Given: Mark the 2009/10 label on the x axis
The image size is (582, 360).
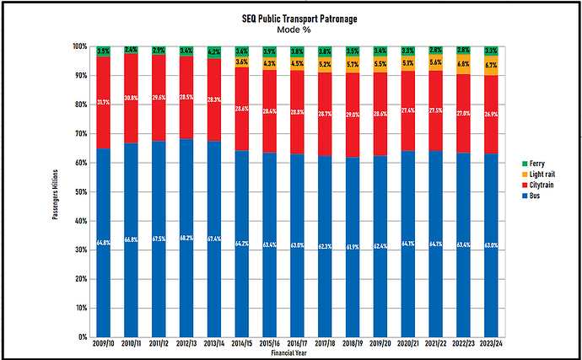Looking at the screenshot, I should tap(104, 343).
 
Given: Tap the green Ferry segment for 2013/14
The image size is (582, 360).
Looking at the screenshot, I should tap(213, 52).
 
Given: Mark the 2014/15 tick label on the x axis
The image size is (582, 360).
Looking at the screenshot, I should tap(241, 343).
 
